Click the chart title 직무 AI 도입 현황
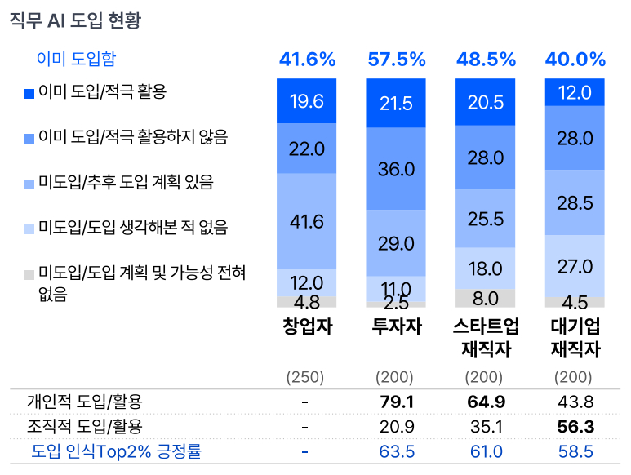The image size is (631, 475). click(x=75, y=20)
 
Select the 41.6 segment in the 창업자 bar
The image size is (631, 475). click(x=306, y=221)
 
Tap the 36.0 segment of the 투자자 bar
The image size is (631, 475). click(x=396, y=169)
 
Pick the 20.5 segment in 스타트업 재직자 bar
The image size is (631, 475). click(x=486, y=103)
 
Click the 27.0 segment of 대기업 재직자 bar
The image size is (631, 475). click(x=575, y=266)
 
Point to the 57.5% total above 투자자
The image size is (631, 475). click(x=397, y=60)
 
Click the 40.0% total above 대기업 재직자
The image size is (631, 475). click(x=575, y=60)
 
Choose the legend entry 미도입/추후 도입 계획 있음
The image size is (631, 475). click(x=126, y=181)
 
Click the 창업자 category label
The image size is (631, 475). click(x=307, y=326)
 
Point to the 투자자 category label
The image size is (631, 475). click(x=397, y=326)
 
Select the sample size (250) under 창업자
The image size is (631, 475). click(x=304, y=377)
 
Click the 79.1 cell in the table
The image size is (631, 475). click(x=397, y=402)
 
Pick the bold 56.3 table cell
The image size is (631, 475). click(x=575, y=426)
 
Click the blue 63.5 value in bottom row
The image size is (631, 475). click(x=397, y=451)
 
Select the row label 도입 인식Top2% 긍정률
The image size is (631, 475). click(x=116, y=451)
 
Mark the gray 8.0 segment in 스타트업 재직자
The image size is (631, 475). click(x=486, y=298)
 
